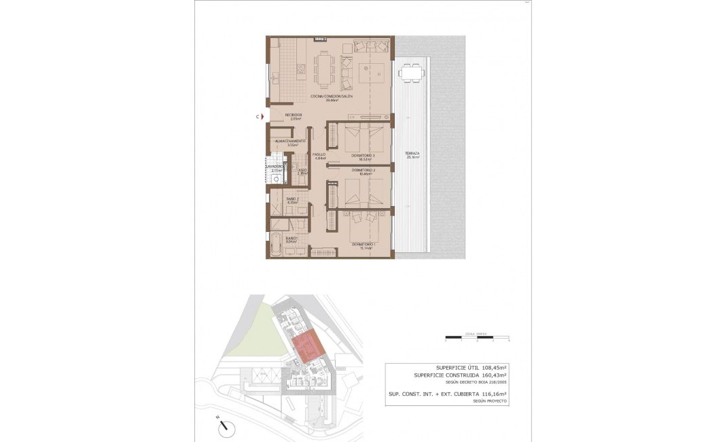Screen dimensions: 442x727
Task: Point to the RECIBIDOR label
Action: click(293, 114)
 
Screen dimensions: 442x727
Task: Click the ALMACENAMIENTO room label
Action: click(290, 141)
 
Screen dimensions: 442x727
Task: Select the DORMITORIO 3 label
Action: click(363, 155)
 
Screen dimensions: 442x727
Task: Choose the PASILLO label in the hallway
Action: click(319, 154)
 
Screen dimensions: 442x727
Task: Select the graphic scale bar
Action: click(476, 337)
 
